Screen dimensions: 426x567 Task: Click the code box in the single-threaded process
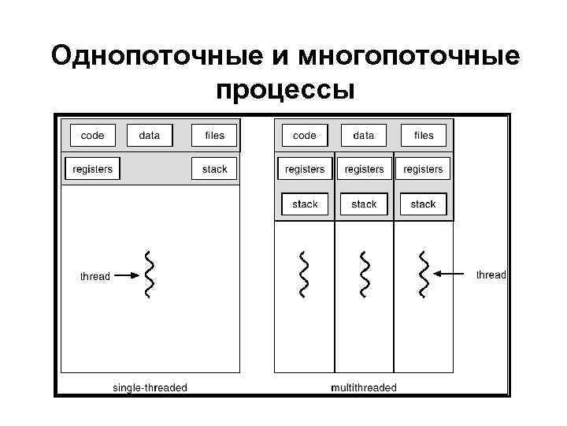tap(93, 136)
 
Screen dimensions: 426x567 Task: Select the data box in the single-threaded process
tap(149, 136)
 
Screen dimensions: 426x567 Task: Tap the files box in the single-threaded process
tap(214, 136)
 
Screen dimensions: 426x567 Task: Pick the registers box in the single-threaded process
tap(93, 169)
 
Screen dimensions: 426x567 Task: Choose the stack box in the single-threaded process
tap(214, 169)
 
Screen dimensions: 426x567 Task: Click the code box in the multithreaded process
tap(304, 136)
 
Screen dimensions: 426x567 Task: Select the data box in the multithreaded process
tap(364, 136)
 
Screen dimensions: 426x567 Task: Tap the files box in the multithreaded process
tap(424, 136)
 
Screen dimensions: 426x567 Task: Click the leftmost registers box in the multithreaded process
tap(304, 169)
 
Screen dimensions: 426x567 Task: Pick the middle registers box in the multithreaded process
tap(364, 169)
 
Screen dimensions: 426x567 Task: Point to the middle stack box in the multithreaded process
tap(364, 204)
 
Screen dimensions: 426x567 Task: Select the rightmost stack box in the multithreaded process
tap(424, 204)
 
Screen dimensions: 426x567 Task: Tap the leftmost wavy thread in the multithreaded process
tap(304, 275)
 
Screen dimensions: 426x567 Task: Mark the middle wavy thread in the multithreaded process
tap(364, 275)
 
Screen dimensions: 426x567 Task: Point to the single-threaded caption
tap(150, 387)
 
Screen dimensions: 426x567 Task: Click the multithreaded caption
tap(364, 387)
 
